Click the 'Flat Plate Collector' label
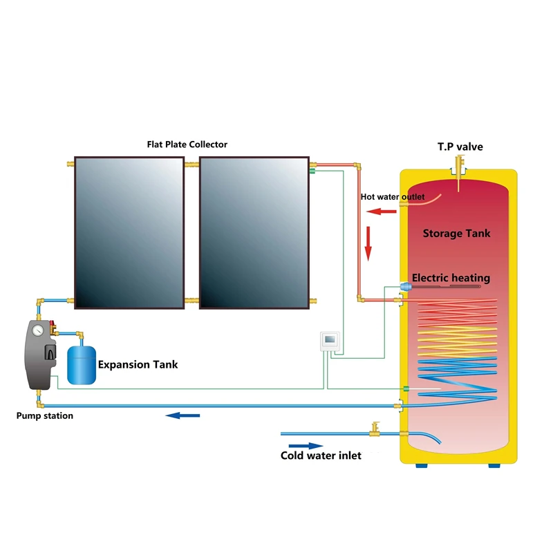[187, 144]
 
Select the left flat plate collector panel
[129, 232]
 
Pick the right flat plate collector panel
[253, 232]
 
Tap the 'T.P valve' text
[460, 147]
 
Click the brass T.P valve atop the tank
[460, 167]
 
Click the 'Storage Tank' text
[456, 234]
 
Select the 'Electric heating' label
[451, 278]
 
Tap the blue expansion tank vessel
[82, 365]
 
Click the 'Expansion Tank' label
[138, 364]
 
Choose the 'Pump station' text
[44, 415]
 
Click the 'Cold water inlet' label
[321, 456]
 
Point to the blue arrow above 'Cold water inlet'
[305, 446]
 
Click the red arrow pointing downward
[368, 248]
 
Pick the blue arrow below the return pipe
[183, 415]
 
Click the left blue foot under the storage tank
[420, 465]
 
